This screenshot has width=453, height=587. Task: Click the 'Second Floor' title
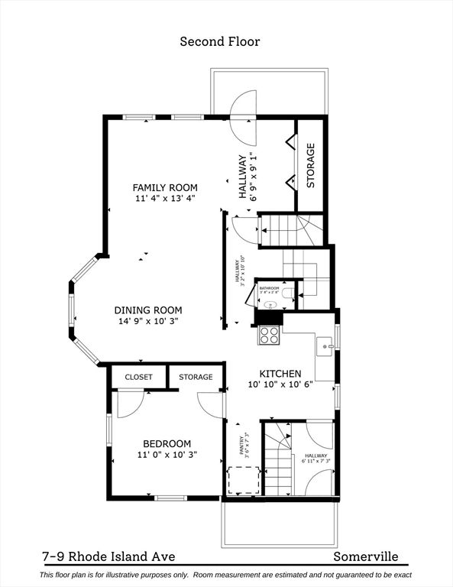coord(219,41)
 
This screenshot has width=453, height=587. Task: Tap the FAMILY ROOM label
coord(165,187)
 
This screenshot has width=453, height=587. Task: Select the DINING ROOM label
coord(148,310)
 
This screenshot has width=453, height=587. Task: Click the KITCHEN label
coord(282,374)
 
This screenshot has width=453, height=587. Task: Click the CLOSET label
coord(138,377)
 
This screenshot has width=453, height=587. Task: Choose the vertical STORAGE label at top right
coord(311,165)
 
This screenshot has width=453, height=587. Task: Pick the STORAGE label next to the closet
coord(196,377)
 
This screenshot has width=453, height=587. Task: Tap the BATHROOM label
coord(270,287)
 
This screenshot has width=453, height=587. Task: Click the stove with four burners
coord(269,335)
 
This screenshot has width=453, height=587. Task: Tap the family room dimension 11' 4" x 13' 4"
coord(165,199)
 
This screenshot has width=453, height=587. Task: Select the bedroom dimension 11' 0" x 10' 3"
coord(167,455)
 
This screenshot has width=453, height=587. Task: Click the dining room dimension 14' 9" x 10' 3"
coord(148,322)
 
